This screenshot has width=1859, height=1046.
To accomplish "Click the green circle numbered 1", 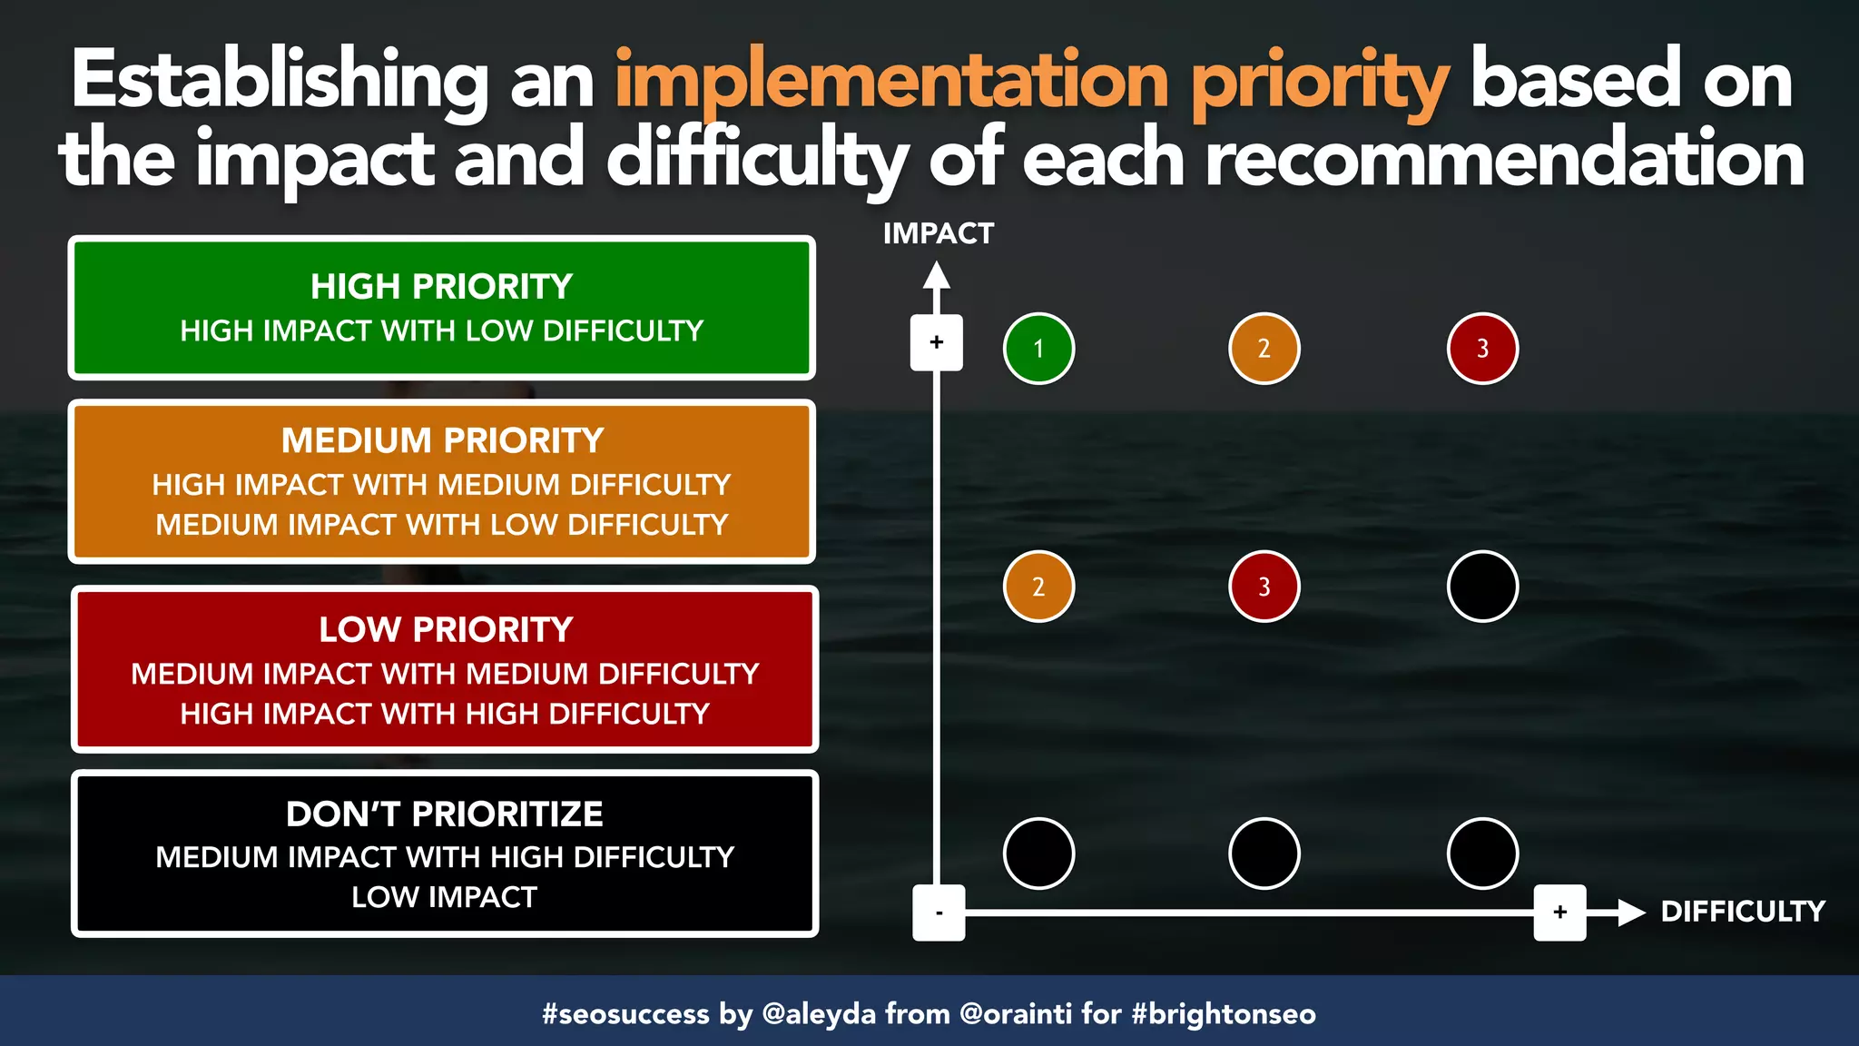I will point(1038,349).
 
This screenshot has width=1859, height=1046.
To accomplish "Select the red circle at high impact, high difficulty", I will point(1482,349).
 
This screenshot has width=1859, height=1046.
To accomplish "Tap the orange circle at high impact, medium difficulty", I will point(1264,349).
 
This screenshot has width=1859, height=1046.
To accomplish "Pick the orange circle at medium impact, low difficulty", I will point(1038,587).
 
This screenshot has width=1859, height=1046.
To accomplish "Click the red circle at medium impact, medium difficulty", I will point(1264,587).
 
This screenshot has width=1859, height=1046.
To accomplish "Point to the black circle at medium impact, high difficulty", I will point(1482,587).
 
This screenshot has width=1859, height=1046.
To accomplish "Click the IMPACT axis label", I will point(938,233).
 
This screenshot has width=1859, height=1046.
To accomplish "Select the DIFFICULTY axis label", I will point(1742,912).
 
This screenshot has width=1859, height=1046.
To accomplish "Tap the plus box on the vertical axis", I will point(937,342).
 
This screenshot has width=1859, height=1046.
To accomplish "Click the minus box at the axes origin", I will point(939,913).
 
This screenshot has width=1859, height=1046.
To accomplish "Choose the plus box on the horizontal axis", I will point(1559,913).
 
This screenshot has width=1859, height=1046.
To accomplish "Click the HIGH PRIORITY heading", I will point(441,287).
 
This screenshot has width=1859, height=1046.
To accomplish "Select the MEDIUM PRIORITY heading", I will point(442,441).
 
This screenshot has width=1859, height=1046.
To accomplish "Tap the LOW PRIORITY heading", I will point(445,630).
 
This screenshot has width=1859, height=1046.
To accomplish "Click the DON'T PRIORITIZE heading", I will point(444,814).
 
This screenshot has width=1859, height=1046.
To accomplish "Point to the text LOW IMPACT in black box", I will point(444,897).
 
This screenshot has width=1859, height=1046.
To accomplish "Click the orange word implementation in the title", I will point(891,82).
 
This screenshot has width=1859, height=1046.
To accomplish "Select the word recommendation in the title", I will point(1504,159).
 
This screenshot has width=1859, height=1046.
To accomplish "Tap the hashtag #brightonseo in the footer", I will point(1224,1013).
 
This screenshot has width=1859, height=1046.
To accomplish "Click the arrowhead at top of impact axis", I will point(937,276).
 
